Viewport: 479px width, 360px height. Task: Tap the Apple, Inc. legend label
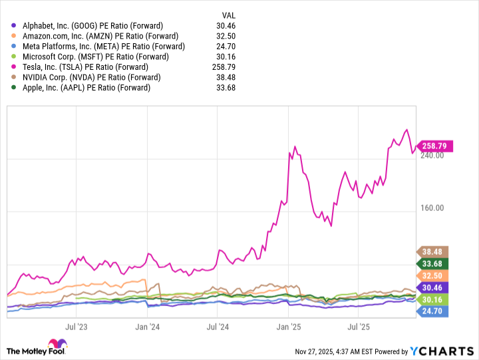(x=86, y=88)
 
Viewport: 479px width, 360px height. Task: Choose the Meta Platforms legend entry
(x=103, y=47)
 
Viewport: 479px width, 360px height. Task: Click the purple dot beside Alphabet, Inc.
(x=15, y=26)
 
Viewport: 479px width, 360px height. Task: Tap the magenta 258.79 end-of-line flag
(x=435, y=145)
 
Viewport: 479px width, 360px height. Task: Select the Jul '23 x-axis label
(x=77, y=327)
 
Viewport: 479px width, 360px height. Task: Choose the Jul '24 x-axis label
(x=218, y=327)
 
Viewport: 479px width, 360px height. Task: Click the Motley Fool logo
(x=39, y=347)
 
